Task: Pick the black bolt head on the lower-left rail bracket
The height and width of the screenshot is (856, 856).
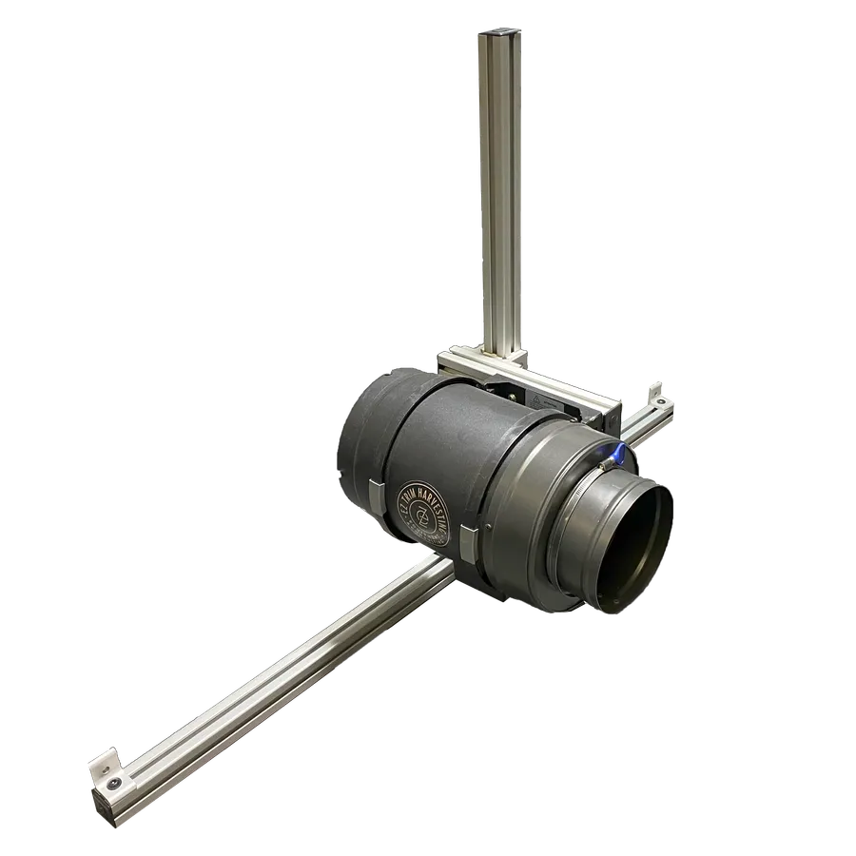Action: [x=115, y=782]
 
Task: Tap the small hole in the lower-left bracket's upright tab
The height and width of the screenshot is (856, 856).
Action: [x=101, y=763]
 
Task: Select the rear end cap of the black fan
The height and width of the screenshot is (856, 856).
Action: [x=357, y=447]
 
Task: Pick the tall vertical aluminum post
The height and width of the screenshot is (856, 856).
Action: [x=500, y=190]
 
